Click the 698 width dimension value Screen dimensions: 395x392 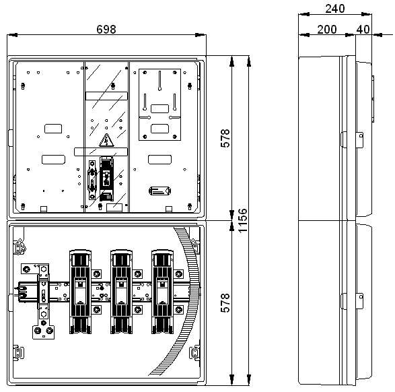point(106,29)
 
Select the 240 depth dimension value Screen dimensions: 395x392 point(335,9)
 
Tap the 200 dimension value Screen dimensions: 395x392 point(327,29)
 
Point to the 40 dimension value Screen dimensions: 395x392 point(363,29)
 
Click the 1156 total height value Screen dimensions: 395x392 point(243,220)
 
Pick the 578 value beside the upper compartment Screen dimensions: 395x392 point(225,138)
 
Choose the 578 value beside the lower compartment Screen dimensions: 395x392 point(225,303)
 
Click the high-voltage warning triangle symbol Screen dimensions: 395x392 point(106,140)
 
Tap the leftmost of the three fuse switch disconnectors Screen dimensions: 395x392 point(80,292)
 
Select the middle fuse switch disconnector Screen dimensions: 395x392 point(121,292)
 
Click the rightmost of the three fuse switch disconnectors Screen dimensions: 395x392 point(162,292)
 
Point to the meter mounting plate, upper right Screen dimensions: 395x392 point(159,104)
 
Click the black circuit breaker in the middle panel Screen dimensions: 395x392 point(106,178)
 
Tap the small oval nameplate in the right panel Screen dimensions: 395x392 point(160,191)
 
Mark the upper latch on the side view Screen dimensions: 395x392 point(352,139)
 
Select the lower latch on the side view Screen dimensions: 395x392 point(352,301)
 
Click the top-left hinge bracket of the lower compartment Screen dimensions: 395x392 point(19,247)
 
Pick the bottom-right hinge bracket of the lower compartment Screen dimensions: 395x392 point(194,352)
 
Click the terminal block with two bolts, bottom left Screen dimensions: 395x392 point(43,332)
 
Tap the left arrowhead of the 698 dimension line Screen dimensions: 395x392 point(12,35)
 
